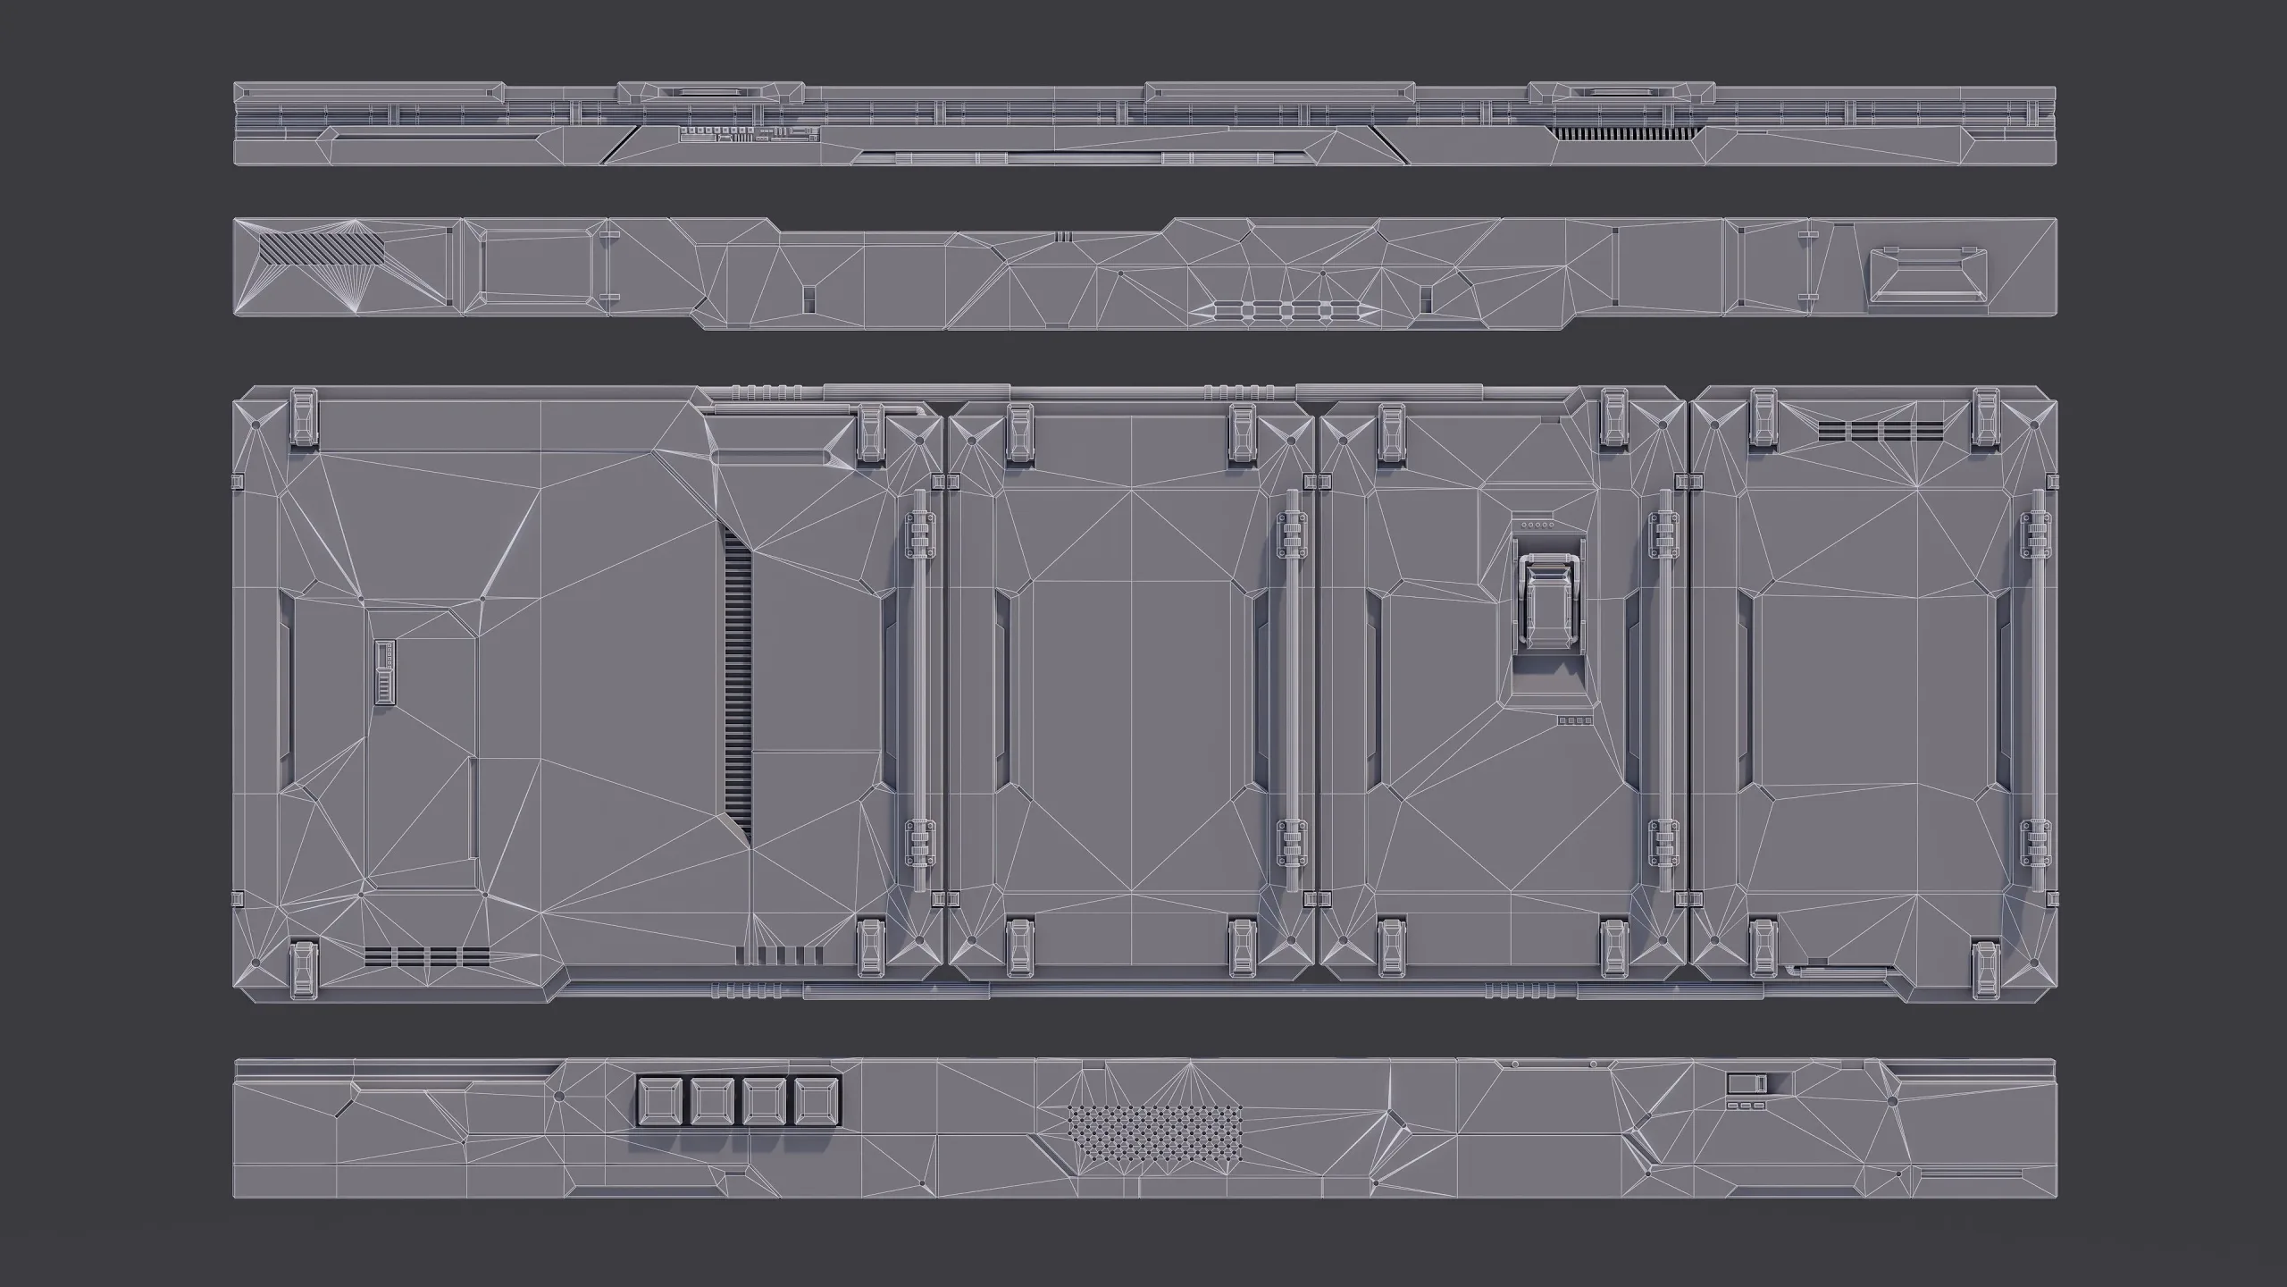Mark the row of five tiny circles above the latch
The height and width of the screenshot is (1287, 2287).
point(1539,526)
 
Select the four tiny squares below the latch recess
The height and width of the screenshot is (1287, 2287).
point(1575,720)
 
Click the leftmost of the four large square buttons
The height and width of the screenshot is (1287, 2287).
point(659,1101)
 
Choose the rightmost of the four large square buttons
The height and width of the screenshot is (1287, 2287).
point(817,1101)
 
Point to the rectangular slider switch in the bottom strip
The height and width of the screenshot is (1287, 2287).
point(1747,1084)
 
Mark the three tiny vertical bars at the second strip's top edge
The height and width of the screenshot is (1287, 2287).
point(1062,237)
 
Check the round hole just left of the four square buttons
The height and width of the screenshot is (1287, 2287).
point(559,1095)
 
